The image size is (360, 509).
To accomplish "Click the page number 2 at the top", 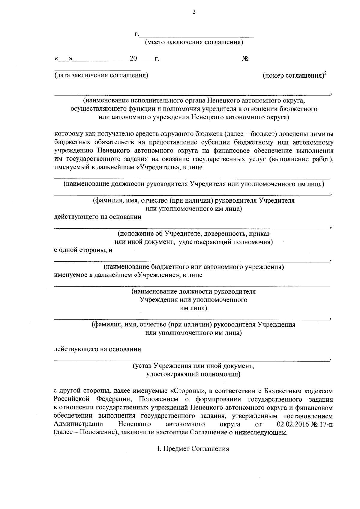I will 194,12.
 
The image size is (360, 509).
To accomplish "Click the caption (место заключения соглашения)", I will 194,42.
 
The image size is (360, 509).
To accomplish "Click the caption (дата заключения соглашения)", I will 101,75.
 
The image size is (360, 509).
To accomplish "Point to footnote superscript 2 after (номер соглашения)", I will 325,73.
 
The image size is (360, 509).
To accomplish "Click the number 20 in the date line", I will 133,59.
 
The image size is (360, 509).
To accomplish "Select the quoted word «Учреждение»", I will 157,275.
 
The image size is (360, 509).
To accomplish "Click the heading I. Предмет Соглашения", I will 193,449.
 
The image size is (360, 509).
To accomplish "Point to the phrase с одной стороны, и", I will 83,250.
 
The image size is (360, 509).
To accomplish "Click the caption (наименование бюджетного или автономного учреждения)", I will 194,267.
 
